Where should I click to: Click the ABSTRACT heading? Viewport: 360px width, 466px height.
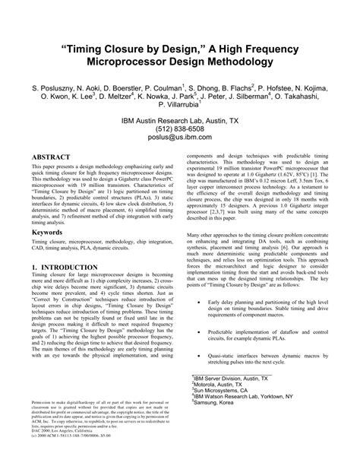[x=52, y=157]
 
